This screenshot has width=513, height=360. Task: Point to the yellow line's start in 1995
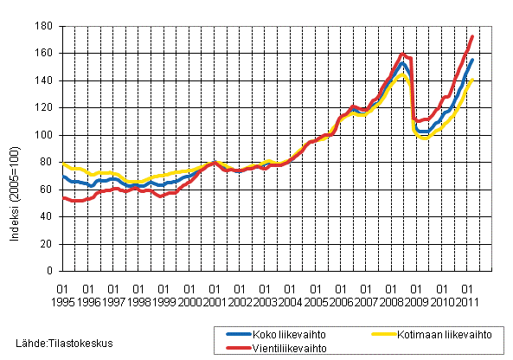[63, 163]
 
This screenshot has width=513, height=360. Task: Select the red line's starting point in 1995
[63, 197]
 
